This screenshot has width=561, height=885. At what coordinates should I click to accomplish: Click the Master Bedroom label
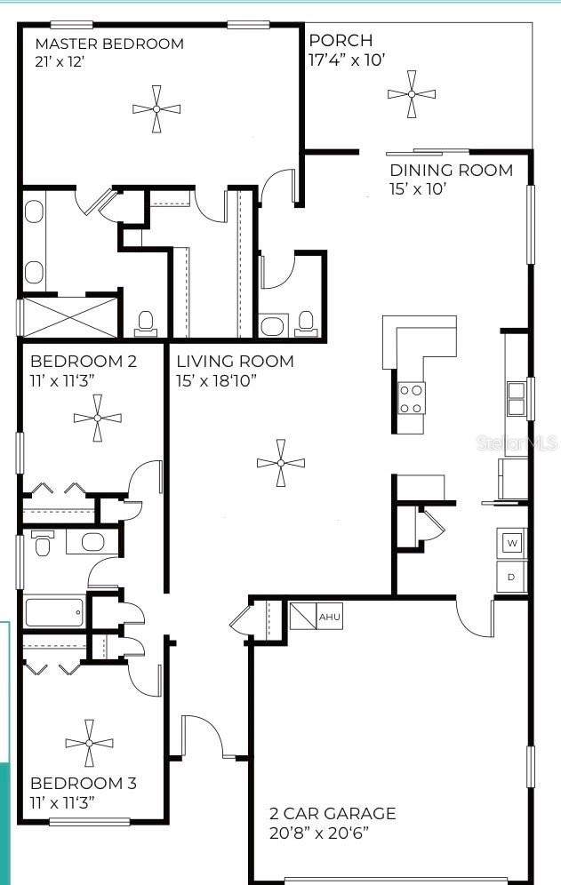click(109, 44)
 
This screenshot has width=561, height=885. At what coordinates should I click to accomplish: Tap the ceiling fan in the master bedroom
click(156, 108)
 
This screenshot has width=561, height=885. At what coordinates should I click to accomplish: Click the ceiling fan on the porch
click(413, 93)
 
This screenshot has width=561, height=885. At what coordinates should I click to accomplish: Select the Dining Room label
click(451, 170)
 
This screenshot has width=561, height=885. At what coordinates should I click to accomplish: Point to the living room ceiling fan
click(280, 463)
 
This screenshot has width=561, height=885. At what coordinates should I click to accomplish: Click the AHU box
click(329, 616)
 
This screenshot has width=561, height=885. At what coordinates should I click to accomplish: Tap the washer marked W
click(511, 541)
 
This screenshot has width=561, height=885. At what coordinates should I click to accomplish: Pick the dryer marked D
click(511, 576)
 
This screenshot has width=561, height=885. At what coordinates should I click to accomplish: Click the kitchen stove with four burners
click(411, 398)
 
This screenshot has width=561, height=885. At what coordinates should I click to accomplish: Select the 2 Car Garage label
click(333, 813)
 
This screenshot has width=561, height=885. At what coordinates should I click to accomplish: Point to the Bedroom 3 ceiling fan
click(89, 743)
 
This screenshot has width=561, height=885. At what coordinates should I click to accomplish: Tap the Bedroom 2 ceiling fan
click(97, 417)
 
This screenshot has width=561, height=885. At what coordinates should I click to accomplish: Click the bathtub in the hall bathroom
click(54, 613)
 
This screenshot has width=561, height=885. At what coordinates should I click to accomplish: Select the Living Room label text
click(235, 362)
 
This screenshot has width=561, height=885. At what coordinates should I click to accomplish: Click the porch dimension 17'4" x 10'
click(347, 60)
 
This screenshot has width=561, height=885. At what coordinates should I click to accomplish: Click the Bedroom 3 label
click(84, 783)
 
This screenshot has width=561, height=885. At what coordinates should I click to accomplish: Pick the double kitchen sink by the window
click(515, 399)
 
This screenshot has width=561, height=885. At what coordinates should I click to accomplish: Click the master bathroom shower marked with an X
click(69, 317)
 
